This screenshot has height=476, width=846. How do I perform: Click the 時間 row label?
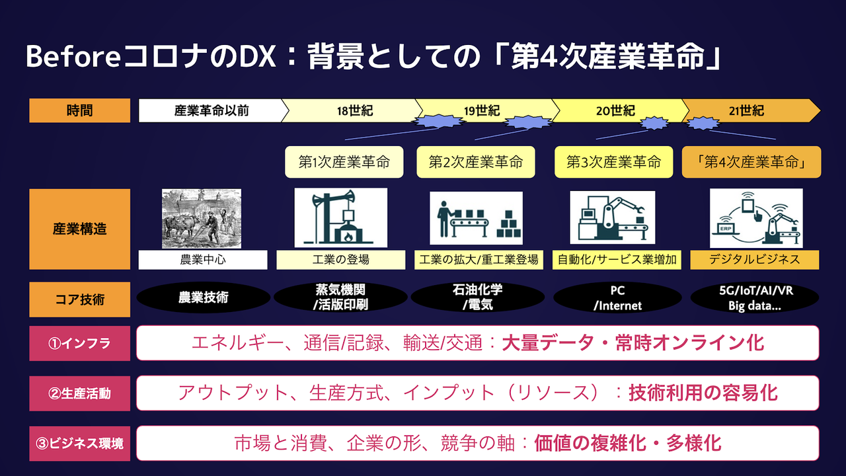tap(79, 110)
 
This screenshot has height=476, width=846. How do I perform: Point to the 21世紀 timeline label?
tap(746, 110)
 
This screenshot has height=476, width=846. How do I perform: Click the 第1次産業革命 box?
tap(344, 162)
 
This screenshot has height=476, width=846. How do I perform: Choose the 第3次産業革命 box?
tap(613, 162)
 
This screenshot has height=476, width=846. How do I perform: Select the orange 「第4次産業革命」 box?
tap(751, 162)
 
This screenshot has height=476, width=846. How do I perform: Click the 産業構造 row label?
tap(79, 229)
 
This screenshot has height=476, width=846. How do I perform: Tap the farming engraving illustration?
tap(202, 219)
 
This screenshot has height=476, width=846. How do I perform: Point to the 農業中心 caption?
tap(203, 260)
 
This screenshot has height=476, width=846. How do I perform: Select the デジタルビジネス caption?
tap(754, 260)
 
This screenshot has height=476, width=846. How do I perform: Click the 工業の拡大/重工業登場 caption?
tap(479, 260)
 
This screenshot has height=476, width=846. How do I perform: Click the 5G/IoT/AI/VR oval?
tap(755, 298)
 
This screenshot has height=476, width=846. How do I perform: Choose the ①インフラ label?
tap(79, 343)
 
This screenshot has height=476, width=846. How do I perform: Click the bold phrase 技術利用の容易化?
tap(703, 393)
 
